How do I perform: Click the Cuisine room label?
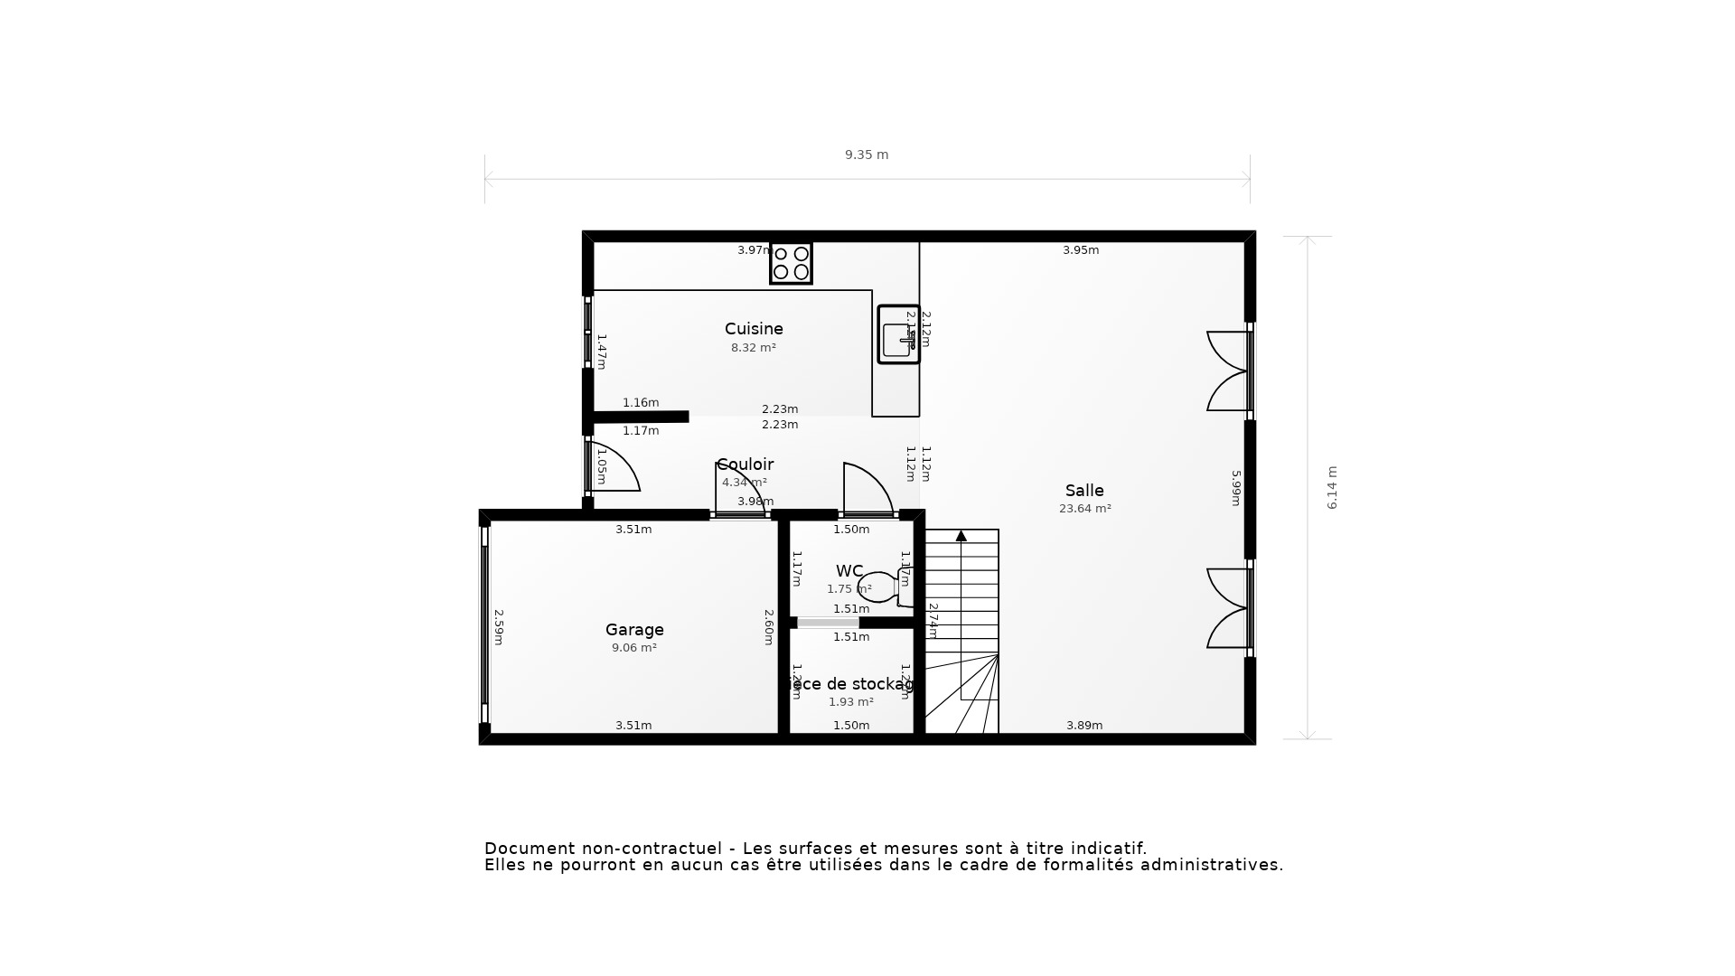tap(754, 329)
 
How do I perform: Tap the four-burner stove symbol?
tap(791, 263)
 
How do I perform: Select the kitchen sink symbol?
tap(898, 335)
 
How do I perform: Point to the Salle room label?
tap(1084, 491)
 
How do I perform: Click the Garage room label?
tap(634, 630)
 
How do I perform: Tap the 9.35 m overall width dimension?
tap(867, 155)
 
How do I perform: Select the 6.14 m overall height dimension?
tap(1332, 488)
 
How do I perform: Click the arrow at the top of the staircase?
tap(961, 536)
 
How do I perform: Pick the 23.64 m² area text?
tap(1084, 509)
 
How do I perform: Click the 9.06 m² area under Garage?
tap(634, 648)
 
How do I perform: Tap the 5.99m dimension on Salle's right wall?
tap(1236, 488)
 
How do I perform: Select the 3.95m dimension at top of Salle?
tap(1081, 250)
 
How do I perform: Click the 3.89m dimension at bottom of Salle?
tap(1084, 726)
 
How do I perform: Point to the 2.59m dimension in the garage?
tap(498, 627)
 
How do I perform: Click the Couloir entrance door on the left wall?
tap(613, 467)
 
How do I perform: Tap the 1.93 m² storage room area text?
tap(851, 702)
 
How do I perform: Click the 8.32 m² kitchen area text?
tap(754, 348)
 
